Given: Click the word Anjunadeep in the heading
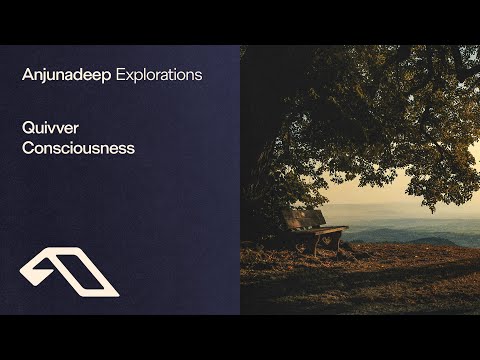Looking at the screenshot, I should [x=66, y=75].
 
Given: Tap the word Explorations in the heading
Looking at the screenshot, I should [x=159, y=75].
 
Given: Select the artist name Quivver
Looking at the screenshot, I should [x=48, y=128].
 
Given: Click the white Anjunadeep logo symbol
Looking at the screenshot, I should [x=68, y=273].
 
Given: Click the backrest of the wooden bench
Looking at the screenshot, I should [x=304, y=217].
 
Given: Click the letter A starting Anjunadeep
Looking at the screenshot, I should [x=27, y=75].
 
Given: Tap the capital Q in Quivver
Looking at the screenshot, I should [x=28, y=128].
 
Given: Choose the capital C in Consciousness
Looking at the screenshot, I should [x=28, y=148].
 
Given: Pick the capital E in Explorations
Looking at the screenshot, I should [x=122, y=75].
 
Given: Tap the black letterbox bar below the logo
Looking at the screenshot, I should [x=120, y=337].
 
